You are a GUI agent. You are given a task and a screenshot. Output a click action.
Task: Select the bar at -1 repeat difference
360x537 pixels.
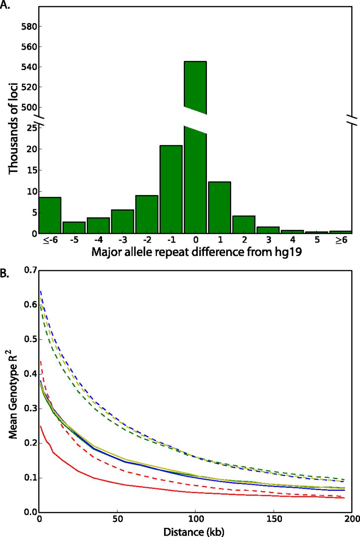click(171, 189)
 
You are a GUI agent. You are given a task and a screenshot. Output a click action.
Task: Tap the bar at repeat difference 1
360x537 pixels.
click(219, 207)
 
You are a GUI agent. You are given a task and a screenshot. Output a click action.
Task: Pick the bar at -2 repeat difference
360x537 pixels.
click(146, 214)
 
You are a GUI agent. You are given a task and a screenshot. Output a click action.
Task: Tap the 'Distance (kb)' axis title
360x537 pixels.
click(195, 532)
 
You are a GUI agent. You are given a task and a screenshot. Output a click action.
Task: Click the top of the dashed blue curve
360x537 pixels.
click(40, 291)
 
